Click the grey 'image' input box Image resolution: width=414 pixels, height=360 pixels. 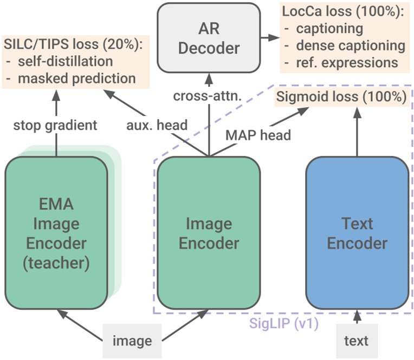click(x=132, y=341)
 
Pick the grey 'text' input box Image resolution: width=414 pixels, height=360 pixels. click(x=356, y=341)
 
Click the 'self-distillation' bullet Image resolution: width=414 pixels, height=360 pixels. click(x=65, y=61)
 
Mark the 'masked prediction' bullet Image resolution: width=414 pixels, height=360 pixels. click(x=76, y=78)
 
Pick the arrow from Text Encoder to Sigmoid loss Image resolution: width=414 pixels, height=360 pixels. click(x=357, y=133)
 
